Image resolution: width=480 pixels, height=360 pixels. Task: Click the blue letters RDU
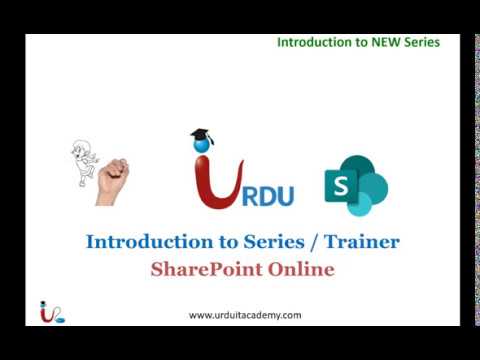(266, 193)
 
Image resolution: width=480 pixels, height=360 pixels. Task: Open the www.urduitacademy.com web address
(245, 315)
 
